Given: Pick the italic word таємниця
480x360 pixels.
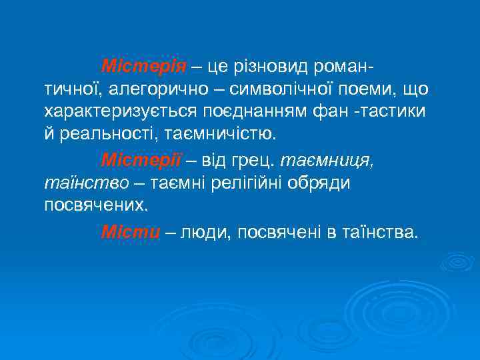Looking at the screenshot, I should [326, 161].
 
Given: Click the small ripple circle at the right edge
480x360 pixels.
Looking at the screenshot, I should [457, 261].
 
